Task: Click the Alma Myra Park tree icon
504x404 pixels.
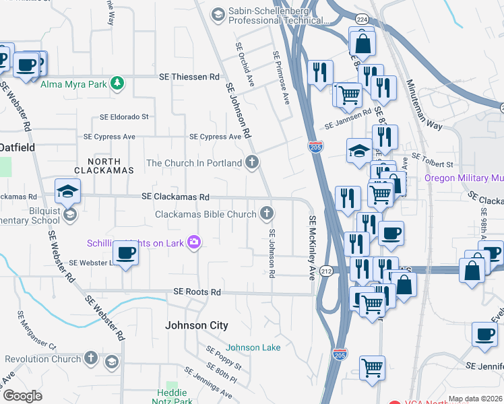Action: [x=119, y=83]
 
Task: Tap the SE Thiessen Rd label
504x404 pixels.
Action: [x=189, y=77]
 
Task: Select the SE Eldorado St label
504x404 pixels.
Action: [x=124, y=116]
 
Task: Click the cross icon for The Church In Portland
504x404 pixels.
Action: [x=252, y=162]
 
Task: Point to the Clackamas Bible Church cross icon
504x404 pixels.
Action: [x=267, y=213]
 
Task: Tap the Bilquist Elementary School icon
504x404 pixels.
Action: [x=70, y=215]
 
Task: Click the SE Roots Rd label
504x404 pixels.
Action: [x=197, y=292]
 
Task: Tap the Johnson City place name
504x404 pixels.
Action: [x=197, y=325]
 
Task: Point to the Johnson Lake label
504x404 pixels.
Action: [x=253, y=347]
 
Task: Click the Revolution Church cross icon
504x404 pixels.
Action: [x=91, y=359]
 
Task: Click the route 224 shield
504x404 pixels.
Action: [x=362, y=19]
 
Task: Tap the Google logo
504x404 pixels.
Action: [x=22, y=396]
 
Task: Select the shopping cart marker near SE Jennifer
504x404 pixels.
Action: [x=372, y=368]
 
